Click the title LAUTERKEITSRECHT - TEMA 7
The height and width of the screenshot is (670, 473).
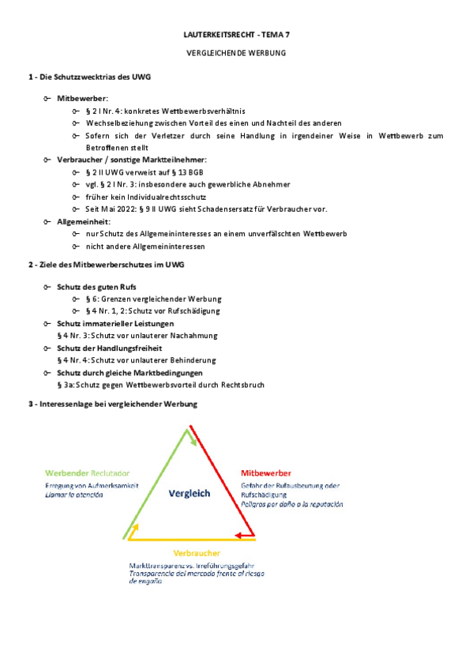(236, 36)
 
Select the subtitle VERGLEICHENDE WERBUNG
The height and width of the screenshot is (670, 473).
(236, 53)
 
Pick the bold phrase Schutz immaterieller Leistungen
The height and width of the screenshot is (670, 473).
(115, 324)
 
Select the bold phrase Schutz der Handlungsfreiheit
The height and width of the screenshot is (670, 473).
(109, 348)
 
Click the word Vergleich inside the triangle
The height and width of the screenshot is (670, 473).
(190, 493)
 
